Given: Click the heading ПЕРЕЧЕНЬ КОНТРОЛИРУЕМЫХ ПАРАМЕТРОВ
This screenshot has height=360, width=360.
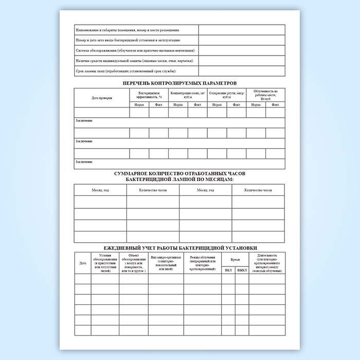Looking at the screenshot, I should pyautogui.click(x=179, y=83).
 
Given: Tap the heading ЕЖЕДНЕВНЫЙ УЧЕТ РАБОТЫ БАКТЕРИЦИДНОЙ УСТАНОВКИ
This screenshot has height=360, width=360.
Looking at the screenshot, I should pyautogui.click(x=179, y=247).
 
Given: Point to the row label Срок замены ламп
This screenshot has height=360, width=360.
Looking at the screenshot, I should pyautogui.click(x=126, y=70).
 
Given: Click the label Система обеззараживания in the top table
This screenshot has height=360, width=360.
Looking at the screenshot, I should pyautogui.click(x=135, y=50).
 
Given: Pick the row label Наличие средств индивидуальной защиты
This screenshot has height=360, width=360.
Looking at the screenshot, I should pyautogui.click(x=134, y=61).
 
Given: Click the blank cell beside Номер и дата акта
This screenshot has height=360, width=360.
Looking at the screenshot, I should pyautogui.click(x=242, y=40).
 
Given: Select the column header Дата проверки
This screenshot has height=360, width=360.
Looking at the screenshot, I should pyautogui.click(x=102, y=97).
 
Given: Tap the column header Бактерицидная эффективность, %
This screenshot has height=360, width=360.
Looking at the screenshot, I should pyautogui.click(x=149, y=95).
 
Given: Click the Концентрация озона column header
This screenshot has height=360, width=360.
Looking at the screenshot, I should pyautogui.click(x=188, y=95).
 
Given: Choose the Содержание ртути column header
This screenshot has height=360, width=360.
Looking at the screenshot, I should pyautogui.click(x=226, y=95).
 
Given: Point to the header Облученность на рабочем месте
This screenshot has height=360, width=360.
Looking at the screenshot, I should pyautogui.click(x=265, y=95).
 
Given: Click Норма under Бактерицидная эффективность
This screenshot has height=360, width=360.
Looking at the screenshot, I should pyautogui.click(x=139, y=105).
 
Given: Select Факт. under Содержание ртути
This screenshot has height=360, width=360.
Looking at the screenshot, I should pyautogui.click(x=236, y=105).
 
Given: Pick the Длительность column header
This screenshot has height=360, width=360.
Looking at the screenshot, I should pyautogui.click(x=267, y=263).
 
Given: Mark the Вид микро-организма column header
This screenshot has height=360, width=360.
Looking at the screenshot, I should pyautogui.click(x=166, y=263).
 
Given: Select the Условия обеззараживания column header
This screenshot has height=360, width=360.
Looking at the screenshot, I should pyautogui.click(x=105, y=263).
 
